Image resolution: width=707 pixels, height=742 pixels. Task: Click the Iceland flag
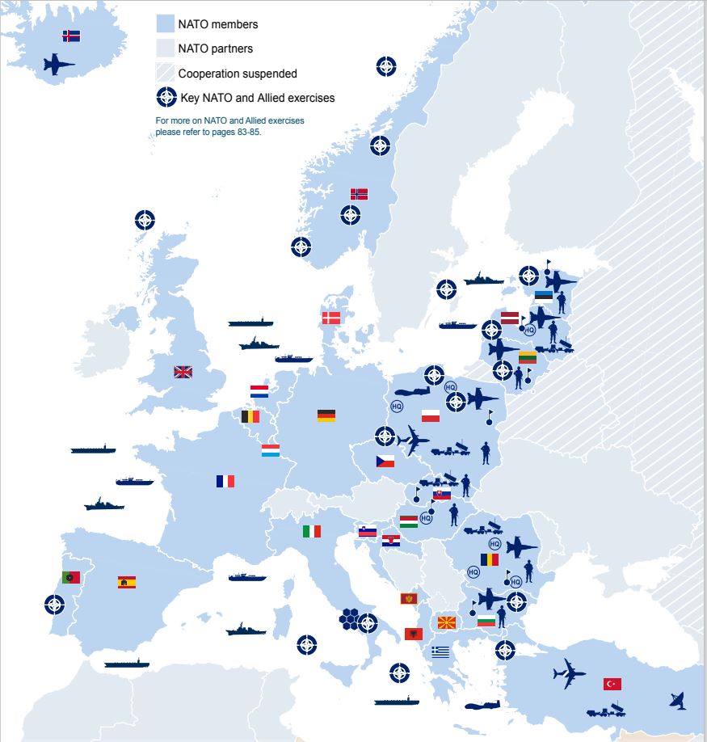click(71, 36)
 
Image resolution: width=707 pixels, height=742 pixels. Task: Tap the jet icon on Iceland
click(59, 65)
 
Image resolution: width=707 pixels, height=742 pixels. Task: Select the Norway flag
click(359, 194)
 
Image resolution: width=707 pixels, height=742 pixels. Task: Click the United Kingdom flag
click(183, 373)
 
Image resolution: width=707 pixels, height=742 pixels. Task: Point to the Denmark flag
click(331, 318)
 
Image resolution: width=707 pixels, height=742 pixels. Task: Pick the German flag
click(326, 415)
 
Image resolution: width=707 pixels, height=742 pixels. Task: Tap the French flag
click(225, 481)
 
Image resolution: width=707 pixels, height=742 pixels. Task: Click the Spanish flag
click(127, 582)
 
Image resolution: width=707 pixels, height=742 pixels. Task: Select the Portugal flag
click(71, 577)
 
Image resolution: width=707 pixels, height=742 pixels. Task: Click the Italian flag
click(312, 531)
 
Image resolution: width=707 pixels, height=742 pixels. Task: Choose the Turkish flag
click(612, 684)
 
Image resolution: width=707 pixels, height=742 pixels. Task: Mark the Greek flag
click(440, 651)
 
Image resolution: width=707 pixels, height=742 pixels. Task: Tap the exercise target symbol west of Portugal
click(54, 604)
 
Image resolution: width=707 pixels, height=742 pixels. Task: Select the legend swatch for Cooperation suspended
click(165, 73)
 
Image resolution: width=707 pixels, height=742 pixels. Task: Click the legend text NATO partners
click(215, 48)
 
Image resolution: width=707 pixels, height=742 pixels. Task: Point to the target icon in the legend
click(166, 97)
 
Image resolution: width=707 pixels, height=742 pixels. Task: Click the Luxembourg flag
click(271, 450)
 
